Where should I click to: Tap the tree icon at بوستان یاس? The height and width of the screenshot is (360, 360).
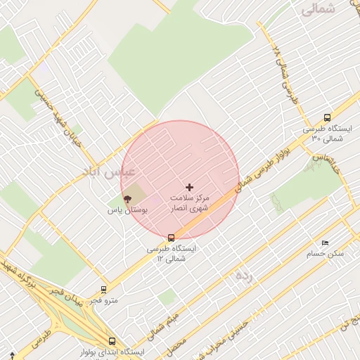(127, 199)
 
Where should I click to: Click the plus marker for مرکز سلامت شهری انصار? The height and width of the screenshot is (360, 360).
(188, 187)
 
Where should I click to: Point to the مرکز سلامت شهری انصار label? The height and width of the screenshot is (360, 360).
(190, 203)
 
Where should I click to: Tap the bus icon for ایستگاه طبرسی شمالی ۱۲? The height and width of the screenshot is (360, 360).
(172, 237)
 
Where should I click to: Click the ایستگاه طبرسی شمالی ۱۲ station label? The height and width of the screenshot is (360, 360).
(172, 253)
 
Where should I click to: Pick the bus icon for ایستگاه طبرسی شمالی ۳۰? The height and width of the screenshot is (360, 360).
(326, 117)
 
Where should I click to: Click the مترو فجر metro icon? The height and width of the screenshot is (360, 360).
(104, 289)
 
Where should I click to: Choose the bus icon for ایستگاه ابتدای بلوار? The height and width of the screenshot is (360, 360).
(112, 341)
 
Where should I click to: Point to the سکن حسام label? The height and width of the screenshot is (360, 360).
(328, 253)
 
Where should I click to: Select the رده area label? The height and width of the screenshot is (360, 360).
(243, 275)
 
